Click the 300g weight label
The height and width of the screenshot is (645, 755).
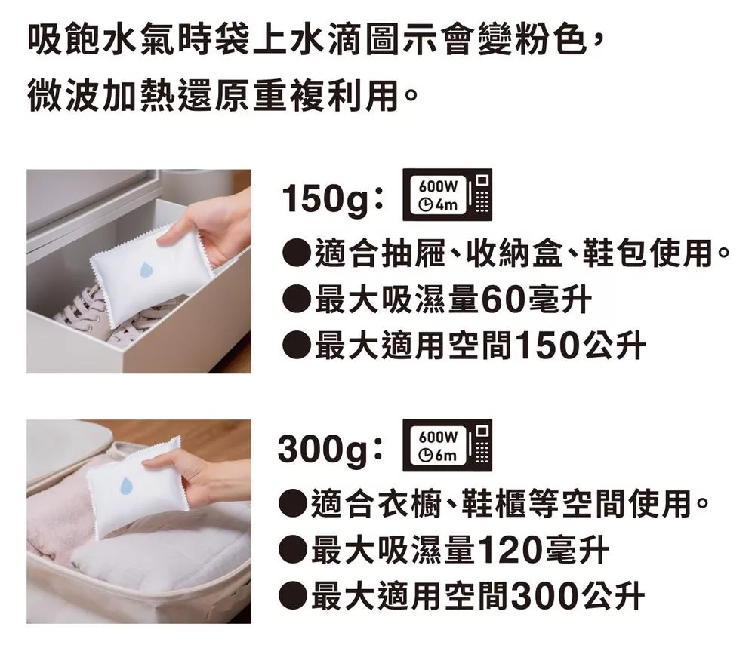[x=325, y=450]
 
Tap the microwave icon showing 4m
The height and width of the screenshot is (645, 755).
[x=447, y=195]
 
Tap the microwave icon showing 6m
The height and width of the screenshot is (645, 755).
[x=447, y=445]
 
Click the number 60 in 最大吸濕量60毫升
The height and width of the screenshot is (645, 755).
[x=503, y=300]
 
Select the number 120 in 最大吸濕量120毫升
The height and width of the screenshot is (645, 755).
[x=512, y=551]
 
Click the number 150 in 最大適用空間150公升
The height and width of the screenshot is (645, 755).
[x=550, y=346]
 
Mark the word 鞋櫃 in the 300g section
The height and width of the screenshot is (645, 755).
[x=493, y=503]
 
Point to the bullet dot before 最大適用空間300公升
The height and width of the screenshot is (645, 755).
[x=291, y=596]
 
